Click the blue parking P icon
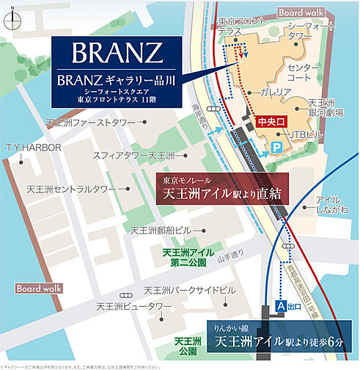[277, 148]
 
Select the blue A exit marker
[280, 304]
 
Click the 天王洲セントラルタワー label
[71, 189]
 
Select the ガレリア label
[275, 92]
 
